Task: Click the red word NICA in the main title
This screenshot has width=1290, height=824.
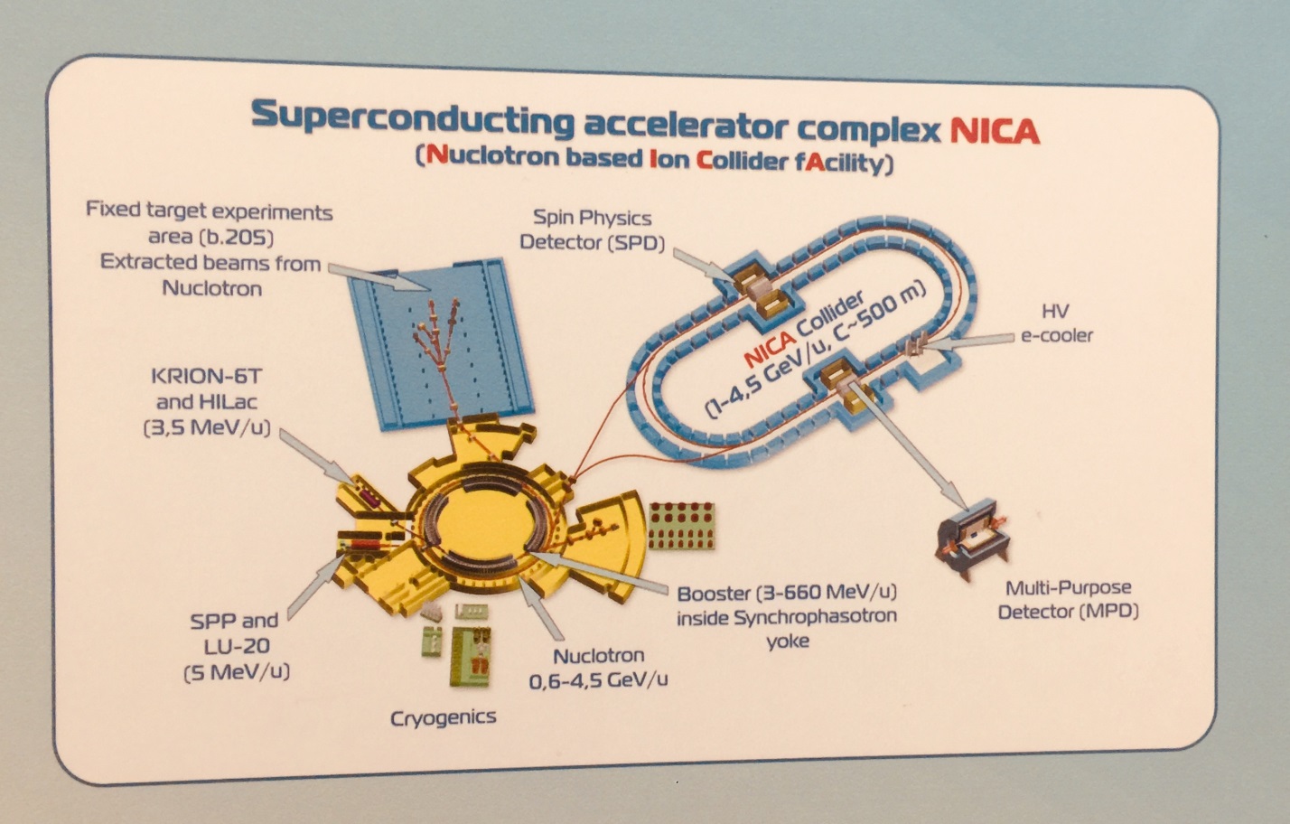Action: tap(994, 131)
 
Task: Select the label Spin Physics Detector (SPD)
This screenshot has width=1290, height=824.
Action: tap(592, 229)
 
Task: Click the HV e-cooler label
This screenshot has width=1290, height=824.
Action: tap(1056, 323)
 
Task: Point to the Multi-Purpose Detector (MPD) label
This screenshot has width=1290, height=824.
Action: tap(1069, 599)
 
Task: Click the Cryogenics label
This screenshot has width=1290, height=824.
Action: tap(443, 717)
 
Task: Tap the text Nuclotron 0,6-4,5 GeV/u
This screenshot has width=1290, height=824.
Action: tap(598, 668)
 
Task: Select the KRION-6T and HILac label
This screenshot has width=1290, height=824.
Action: tap(207, 402)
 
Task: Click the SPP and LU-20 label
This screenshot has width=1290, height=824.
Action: tap(236, 646)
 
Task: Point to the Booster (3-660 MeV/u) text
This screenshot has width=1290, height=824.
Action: tap(787, 593)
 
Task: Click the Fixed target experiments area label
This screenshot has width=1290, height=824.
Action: tap(209, 224)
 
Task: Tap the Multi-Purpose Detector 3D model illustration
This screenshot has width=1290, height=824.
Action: tap(972, 538)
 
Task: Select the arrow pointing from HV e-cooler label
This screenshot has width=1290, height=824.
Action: tap(967, 342)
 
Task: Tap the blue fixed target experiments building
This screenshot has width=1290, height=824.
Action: tap(441, 344)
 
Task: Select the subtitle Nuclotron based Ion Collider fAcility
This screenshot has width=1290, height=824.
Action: tap(654, 158)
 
